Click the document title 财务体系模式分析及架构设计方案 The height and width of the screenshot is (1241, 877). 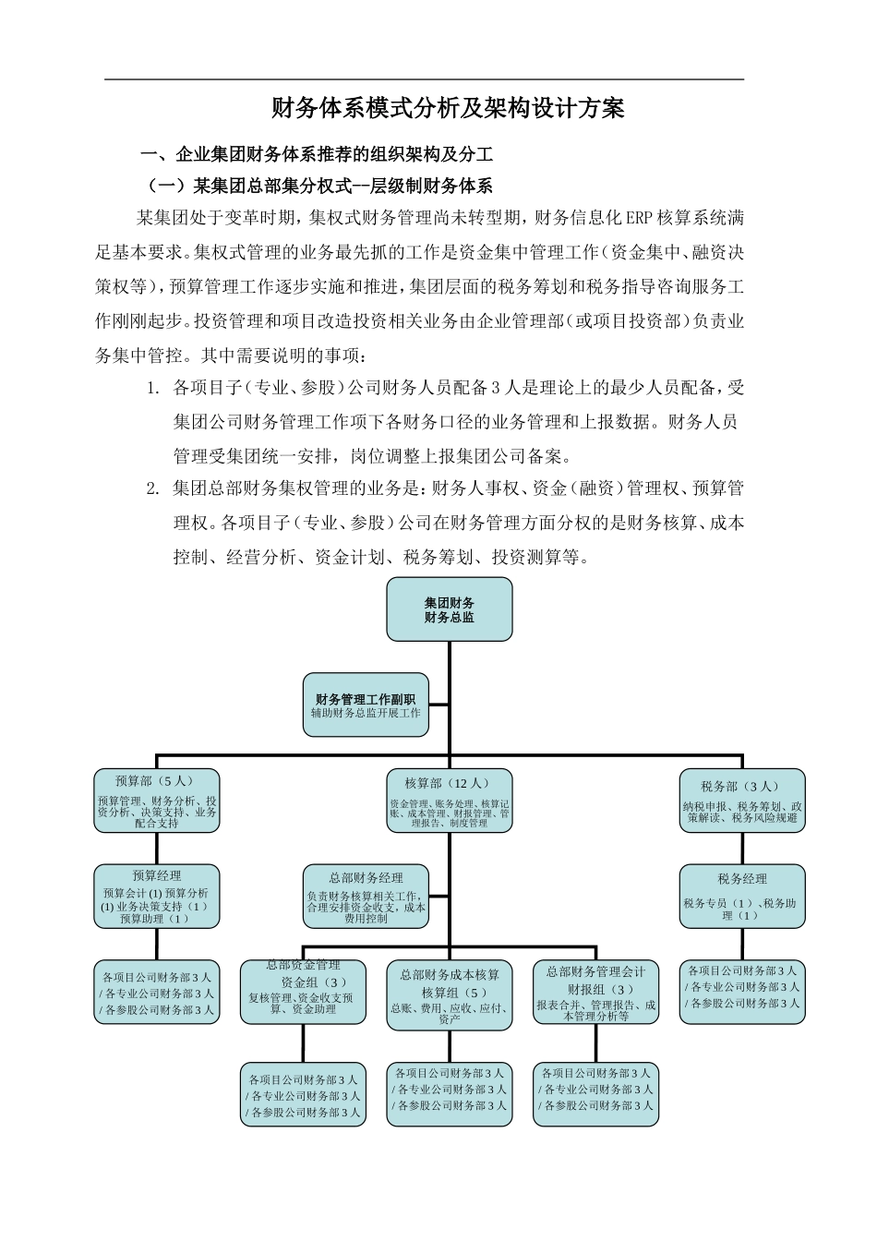[448, 109]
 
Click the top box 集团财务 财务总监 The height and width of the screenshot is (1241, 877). [450, 609]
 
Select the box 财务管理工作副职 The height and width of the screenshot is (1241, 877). [366, 705]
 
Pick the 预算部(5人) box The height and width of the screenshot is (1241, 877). [157, 801]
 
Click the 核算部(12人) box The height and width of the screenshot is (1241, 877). [450, 801]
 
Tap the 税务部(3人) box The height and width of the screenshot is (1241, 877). [742, 801]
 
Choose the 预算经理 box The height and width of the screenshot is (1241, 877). [157, 896]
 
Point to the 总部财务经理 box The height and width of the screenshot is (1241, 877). [366, 896]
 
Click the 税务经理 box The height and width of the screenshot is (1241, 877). [742, 896]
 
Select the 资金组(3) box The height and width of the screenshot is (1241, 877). [303, 993]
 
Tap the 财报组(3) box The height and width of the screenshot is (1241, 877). [595, 993]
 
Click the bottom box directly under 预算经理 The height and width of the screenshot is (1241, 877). [157, 993]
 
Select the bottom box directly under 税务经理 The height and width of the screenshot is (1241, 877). [742, 987]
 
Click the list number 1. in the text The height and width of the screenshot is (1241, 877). [153, 388]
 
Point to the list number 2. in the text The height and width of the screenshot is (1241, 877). [153, 488]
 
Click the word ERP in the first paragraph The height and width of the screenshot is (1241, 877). [639, 219]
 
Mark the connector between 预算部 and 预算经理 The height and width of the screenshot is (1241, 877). [157, 848]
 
